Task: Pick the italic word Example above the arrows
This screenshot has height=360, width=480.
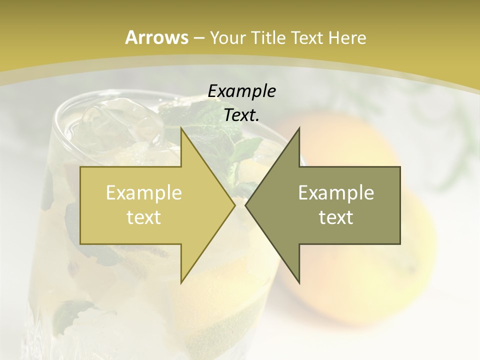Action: (241, 91)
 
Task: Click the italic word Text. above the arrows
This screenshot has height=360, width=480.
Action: (241, 115)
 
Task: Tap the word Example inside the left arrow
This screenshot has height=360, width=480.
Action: (144, 192)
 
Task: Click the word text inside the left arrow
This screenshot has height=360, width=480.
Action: (144, 217)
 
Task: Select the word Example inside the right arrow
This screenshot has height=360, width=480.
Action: (336, 192)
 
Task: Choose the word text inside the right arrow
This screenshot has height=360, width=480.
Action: (336, 217)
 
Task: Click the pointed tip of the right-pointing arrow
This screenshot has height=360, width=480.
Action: (235, 205)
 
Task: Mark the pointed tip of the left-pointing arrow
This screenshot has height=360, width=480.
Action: (245, 205)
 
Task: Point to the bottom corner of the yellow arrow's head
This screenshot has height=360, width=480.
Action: (181, 282)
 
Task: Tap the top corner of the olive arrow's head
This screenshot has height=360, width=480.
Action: (299, 128)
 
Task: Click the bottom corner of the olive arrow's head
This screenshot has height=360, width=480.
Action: (299, 282)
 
